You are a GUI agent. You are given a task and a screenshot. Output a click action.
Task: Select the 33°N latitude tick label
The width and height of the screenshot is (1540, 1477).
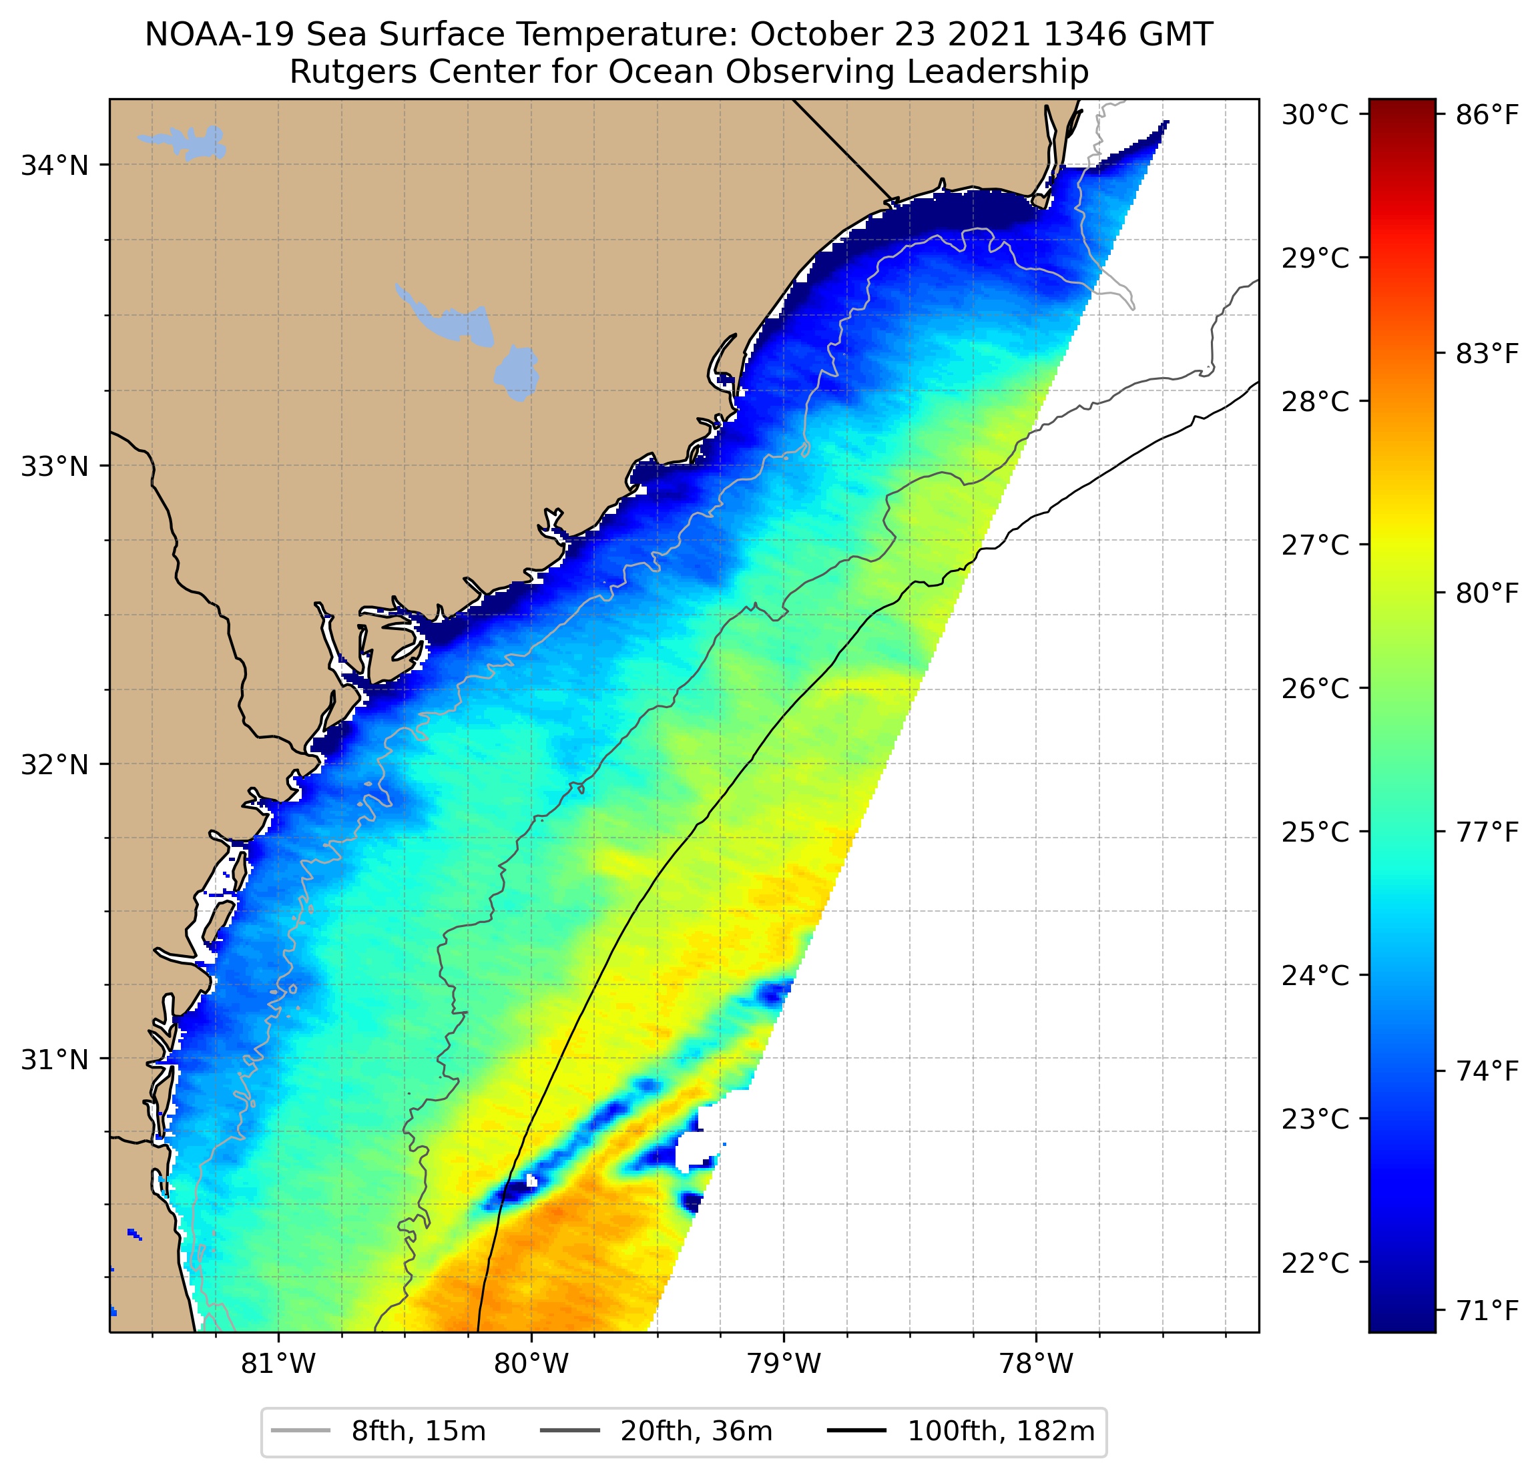click(x=54, y=466)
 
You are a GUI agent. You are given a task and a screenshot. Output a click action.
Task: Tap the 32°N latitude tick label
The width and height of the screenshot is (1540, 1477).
click(x=54, y=764)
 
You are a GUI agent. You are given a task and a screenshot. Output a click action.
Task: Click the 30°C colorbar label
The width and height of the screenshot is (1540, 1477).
click(x=1314, y=115)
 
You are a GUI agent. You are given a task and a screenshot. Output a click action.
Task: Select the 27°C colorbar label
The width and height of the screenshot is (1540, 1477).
click(x=1314, y=545)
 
